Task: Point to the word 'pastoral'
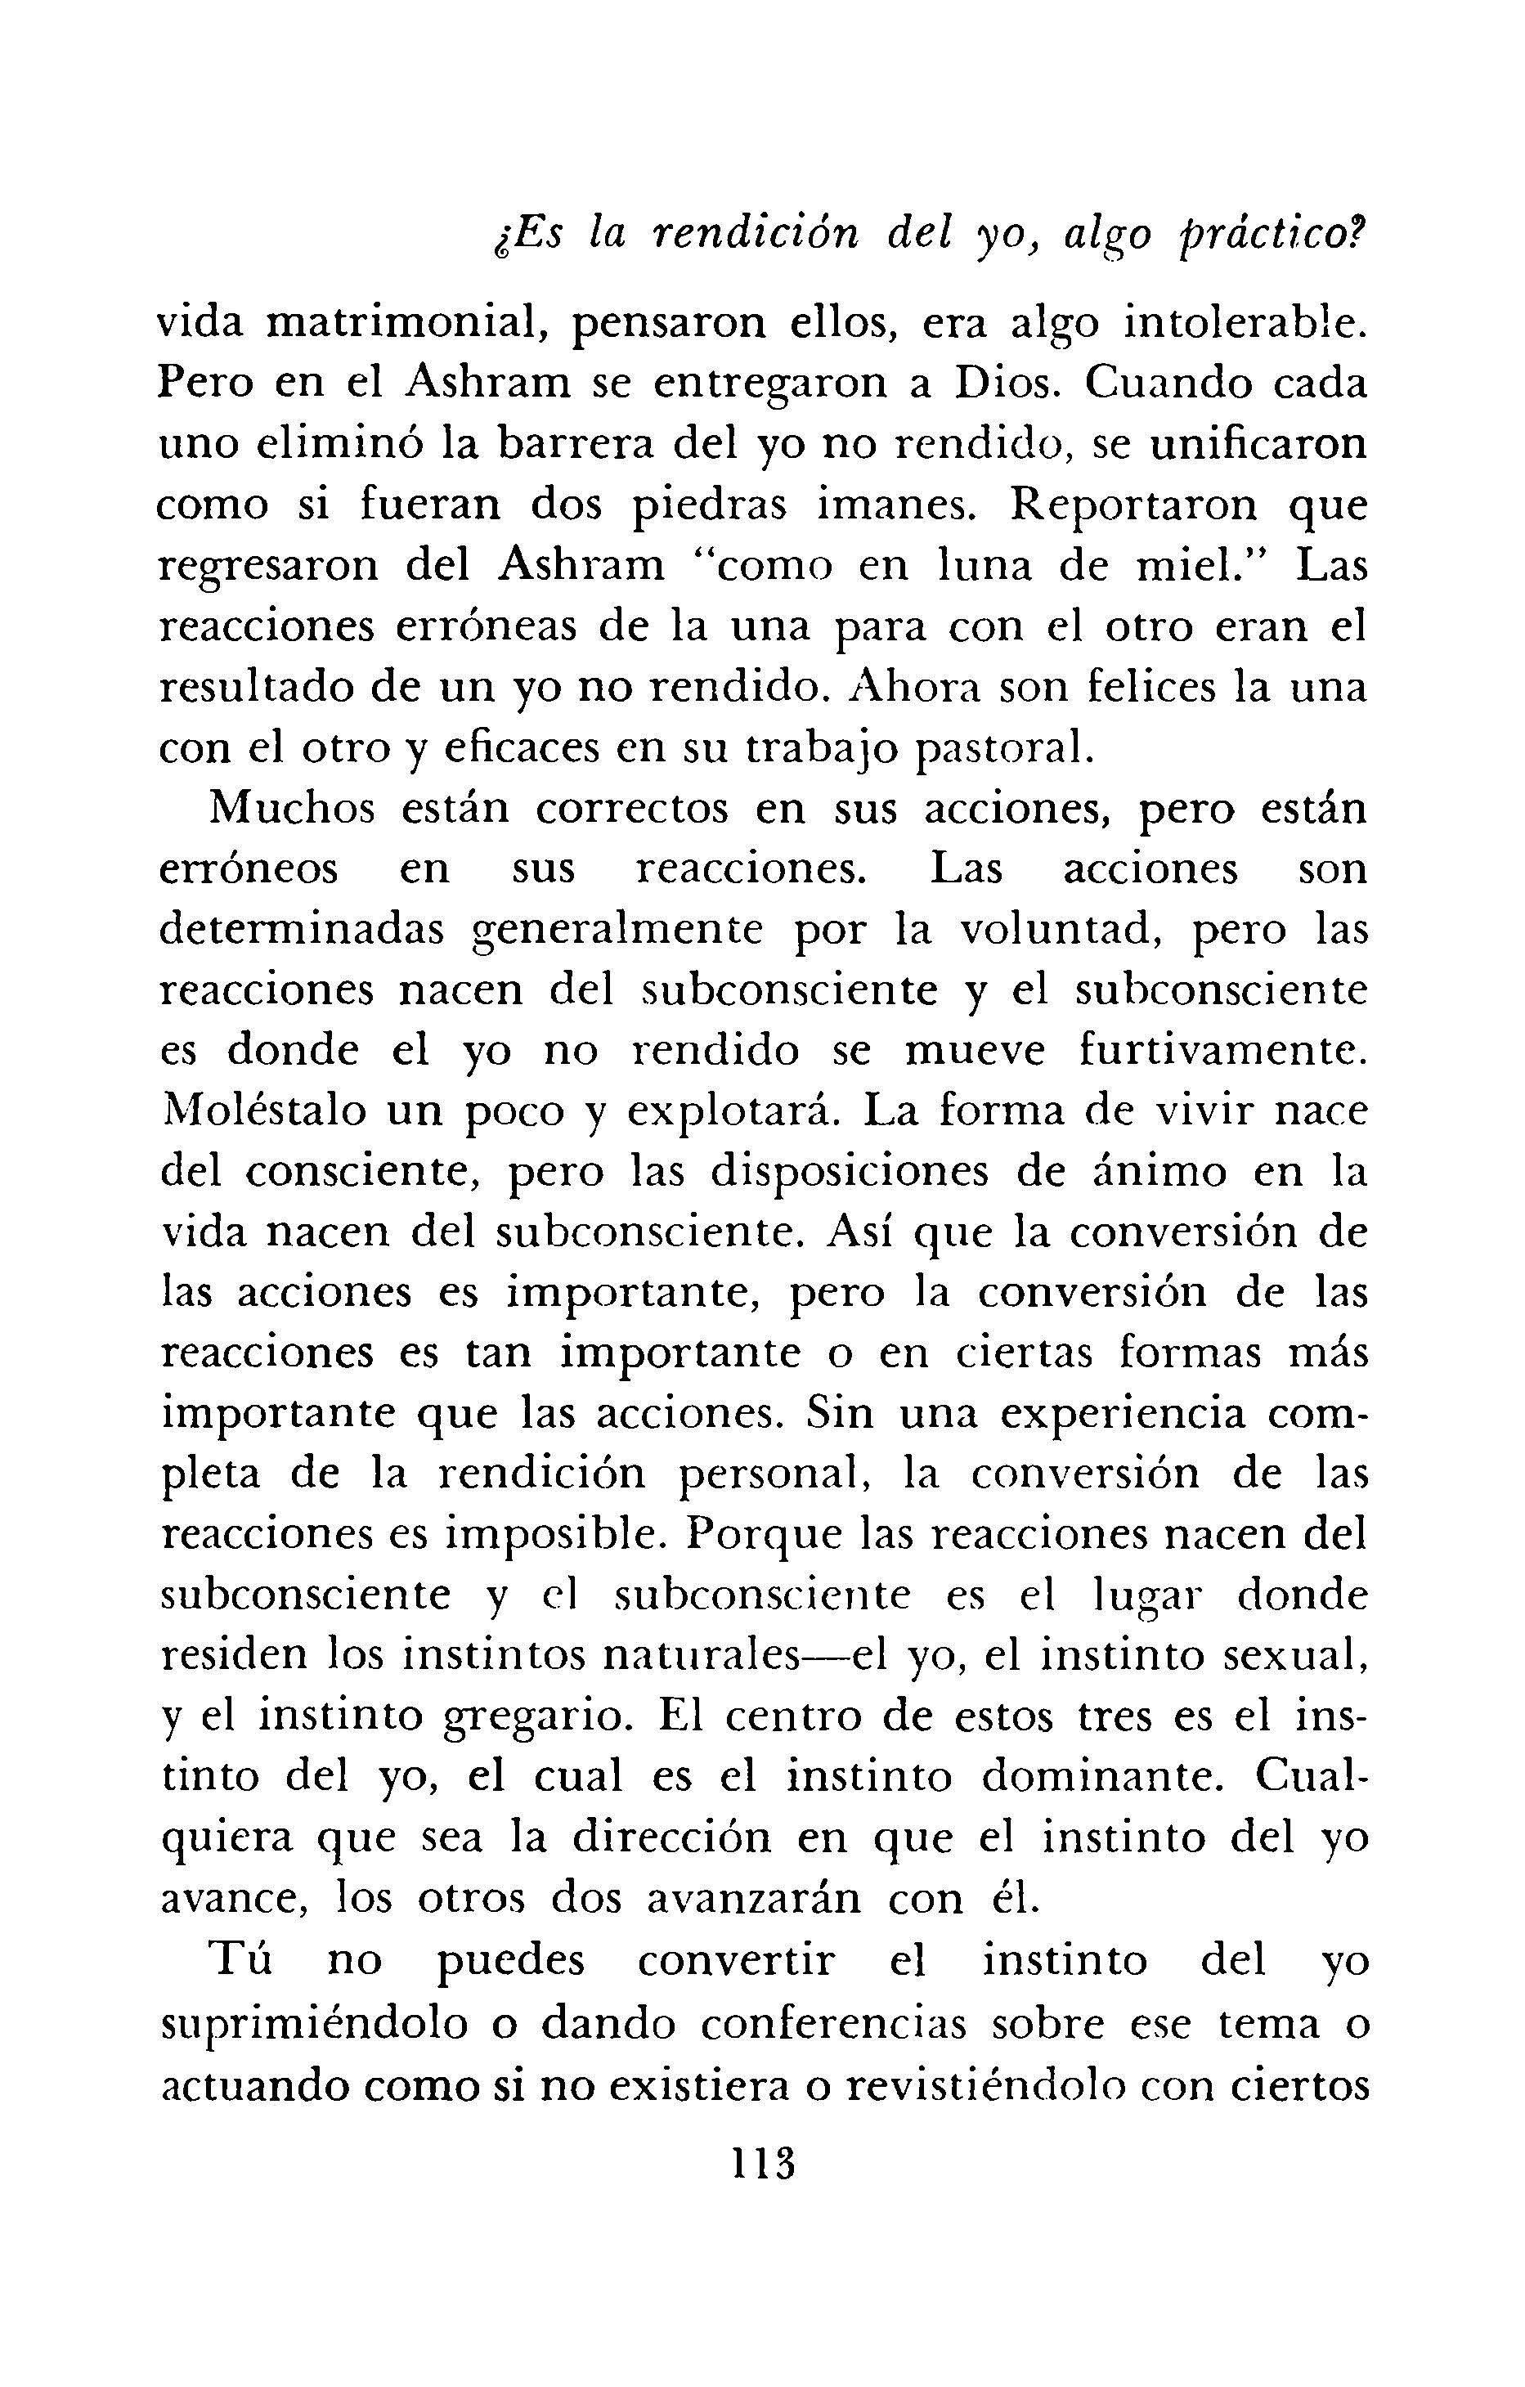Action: coord(1000,747)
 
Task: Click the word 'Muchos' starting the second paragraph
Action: coord(291,808)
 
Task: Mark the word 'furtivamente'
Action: coord(1222,1051)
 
